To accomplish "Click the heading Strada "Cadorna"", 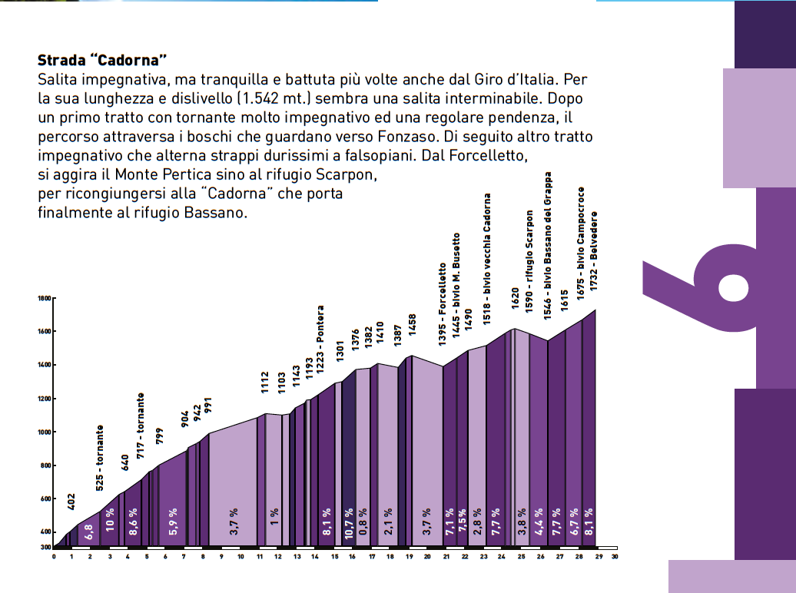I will coord(102,60).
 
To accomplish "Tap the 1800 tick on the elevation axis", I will coord(45,299).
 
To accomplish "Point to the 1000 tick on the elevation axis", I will coord(45,432).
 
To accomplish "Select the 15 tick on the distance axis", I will coord(334,557).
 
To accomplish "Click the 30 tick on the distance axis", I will coord(615,557).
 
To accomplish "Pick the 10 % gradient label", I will coord(110,521).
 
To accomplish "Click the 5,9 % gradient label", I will coord(174,521).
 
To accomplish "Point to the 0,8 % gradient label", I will coord(363,521).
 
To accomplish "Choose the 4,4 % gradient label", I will coord(539,521).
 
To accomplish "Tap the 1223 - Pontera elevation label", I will coord(320,338).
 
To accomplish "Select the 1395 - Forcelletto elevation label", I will coord(443,305).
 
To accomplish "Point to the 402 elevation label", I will coord(71,501).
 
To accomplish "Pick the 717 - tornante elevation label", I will coord(141,426).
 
